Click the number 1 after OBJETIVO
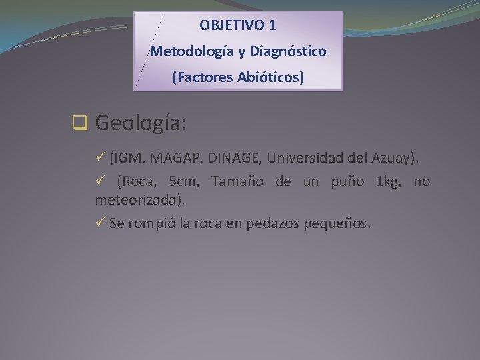click(x=272, y=26)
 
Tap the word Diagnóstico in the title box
click(x=288, y=51)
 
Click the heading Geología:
click(x=141, y=123)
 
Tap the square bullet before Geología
click(x=80, y=123)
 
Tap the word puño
click(x=349, y=182)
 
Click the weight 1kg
click(x=389, y=182)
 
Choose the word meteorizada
click(x=138, y=199)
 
